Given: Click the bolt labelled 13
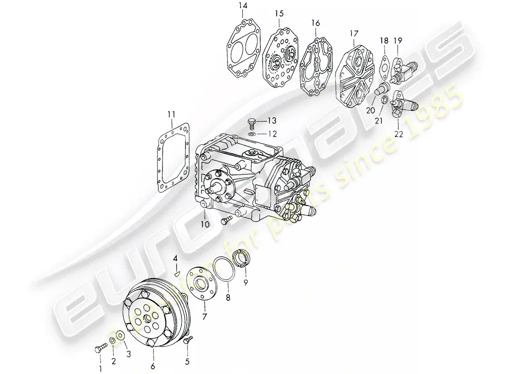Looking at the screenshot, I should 251,123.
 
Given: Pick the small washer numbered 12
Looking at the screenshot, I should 251,134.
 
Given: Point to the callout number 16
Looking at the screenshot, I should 315,22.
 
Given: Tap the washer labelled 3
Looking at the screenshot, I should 120,335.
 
